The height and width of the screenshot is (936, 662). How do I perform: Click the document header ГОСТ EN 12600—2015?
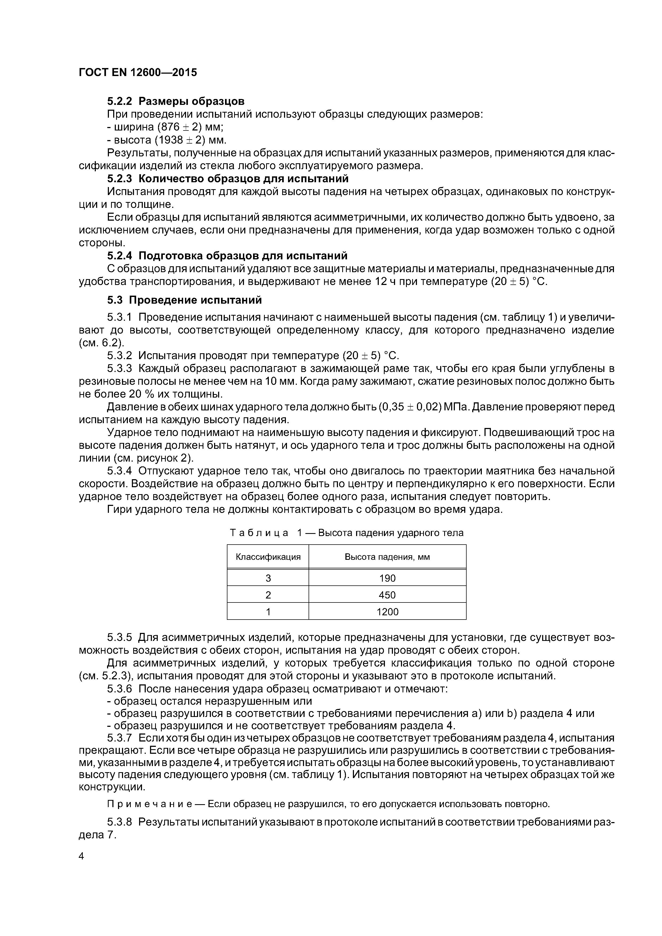(137, 72)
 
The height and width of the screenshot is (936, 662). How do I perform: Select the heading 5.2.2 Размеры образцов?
(176, 101)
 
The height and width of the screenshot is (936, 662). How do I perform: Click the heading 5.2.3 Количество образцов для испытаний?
(228, 179)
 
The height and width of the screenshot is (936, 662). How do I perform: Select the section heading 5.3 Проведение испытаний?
(184, 300)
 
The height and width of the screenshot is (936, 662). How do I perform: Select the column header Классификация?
(268, 557)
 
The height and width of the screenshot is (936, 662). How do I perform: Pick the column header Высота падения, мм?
(387, 557)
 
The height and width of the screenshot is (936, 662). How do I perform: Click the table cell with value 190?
(387, 578)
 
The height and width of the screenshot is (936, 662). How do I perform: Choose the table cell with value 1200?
(387, 612)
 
